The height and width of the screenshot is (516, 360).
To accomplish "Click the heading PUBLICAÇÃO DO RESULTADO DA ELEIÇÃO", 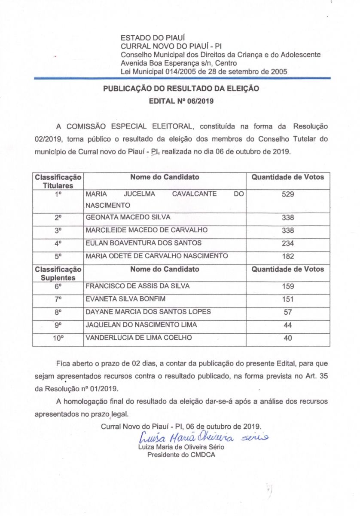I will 180,89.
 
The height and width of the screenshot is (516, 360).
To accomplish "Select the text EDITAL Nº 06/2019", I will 180,102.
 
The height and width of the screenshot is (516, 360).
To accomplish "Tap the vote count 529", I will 287,194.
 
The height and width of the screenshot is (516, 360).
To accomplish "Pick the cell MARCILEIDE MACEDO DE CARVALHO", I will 141,230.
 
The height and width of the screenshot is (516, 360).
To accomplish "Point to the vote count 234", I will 287,243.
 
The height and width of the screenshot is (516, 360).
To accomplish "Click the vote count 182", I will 287,256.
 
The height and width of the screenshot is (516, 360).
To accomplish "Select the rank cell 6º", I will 58,286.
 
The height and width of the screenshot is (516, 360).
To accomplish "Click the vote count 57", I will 287,312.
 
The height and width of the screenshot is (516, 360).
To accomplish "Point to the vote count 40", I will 287,338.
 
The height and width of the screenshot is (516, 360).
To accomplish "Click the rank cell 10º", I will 58,338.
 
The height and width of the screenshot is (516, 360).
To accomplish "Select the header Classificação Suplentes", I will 58,273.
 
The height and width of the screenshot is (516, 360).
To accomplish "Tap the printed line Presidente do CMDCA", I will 181,454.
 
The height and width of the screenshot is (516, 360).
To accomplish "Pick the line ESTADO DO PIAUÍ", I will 146,38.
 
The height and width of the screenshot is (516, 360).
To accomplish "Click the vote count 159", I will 287,286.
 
